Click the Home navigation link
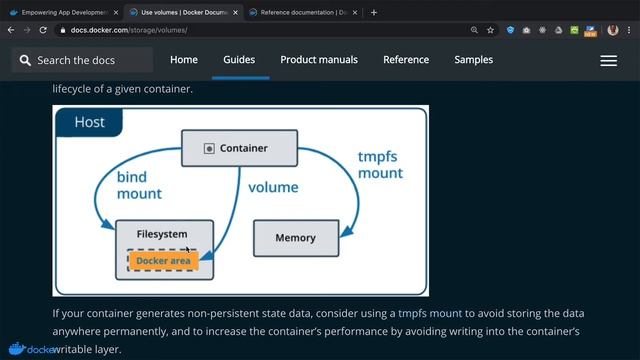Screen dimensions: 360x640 click(x=184, y=60)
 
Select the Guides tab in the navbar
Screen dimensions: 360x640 click(x=240, y=60)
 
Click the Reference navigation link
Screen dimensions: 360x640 click(x=406, y=60)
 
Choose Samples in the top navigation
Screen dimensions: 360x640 click(x=473, y=60)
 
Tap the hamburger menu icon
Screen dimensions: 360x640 click(x=608, y=61)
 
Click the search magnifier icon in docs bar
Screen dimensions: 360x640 click(x=24, y=61)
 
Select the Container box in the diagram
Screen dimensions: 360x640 click(x=238, y=148)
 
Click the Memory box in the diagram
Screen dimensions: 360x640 click(x=295, y=238)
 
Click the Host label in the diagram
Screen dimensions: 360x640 click(x=90, y=123)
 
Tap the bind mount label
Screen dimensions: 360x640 click(x=139, y=185)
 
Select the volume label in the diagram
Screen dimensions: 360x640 click(x=273, y=187)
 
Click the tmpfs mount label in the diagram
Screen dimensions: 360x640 click(x=380, y=165)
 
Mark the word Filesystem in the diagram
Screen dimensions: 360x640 click(x=162, y=234)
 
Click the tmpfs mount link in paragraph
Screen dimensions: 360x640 click(x=430, y=313)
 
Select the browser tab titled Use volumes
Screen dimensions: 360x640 click(x=180, y=13)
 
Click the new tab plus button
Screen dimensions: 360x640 click(x=374, y=13)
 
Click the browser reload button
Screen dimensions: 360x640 click(x=43, y=31)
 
